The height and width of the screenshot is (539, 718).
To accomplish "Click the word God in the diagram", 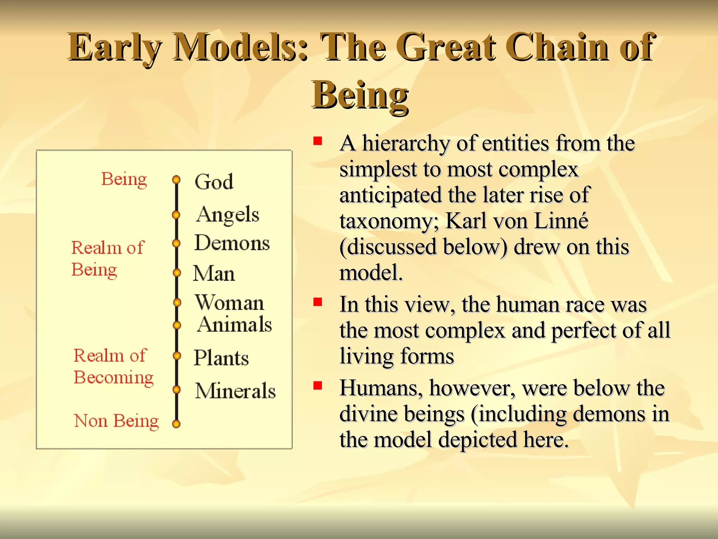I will coord(214,182).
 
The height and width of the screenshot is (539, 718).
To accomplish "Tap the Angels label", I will coord(228,214).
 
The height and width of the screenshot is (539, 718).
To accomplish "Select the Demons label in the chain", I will coord(232,243).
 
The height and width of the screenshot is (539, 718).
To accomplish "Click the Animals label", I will coord(235,324).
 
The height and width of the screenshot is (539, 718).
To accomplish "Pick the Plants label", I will coord(221,358).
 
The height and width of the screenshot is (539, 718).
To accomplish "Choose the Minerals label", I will coord(235,391).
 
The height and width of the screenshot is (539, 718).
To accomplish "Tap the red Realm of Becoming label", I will coord(113,366).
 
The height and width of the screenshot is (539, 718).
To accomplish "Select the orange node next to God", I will coord(176,180).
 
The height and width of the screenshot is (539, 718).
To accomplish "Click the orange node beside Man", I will coord(177,273).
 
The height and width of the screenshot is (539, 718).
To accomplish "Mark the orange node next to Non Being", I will coord(176,424).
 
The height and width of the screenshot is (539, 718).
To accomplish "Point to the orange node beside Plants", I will coord(177,356).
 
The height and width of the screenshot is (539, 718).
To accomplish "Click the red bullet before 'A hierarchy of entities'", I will coord(318,141).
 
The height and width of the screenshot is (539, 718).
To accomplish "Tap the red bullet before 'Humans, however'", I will coord(318,386).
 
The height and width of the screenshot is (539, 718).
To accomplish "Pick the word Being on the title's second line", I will coord(360,95).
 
